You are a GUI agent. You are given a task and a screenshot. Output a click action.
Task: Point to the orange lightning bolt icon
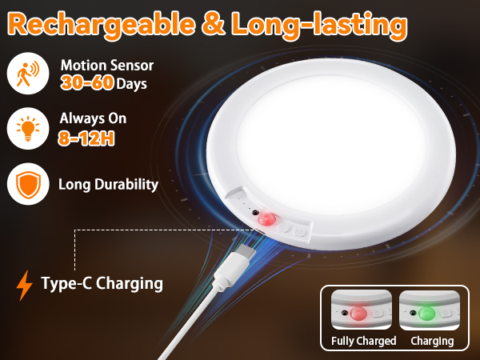pos(26,284)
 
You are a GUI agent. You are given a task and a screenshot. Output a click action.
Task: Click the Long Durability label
pos(108,184)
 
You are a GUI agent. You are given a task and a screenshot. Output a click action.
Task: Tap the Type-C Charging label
pos(102,283)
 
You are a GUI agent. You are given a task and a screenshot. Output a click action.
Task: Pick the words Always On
pos(93,118)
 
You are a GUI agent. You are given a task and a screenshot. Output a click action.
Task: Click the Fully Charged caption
pos(364,341)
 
